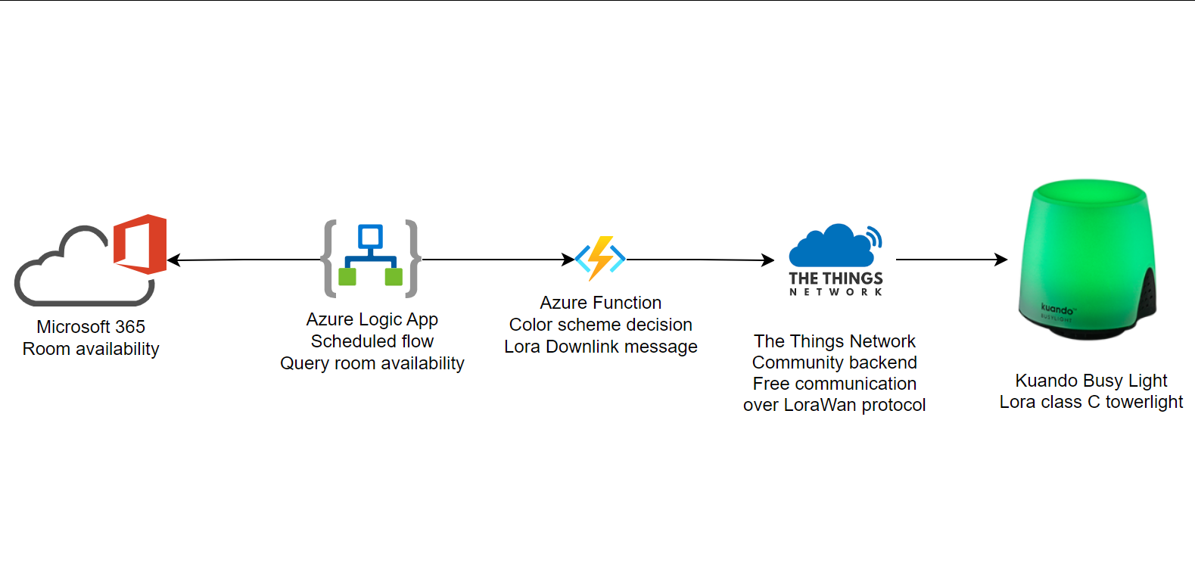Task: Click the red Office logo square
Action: (141, 244)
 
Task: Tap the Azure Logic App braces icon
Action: (370, 259)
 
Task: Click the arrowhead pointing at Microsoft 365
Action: (173, 260)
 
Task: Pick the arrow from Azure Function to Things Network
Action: (700, 260)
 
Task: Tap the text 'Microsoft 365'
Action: (91, 327)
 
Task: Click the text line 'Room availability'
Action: (91, 349)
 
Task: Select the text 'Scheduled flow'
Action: (372, 341)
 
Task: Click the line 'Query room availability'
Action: (372, 363)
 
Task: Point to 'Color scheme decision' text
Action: (600, 325)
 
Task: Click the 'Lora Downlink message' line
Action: (600, 347)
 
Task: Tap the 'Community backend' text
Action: (834, 362)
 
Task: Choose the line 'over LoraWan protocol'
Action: (834, 405)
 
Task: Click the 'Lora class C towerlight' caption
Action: (1091, 402)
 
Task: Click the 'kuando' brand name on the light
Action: (1057, 309)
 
